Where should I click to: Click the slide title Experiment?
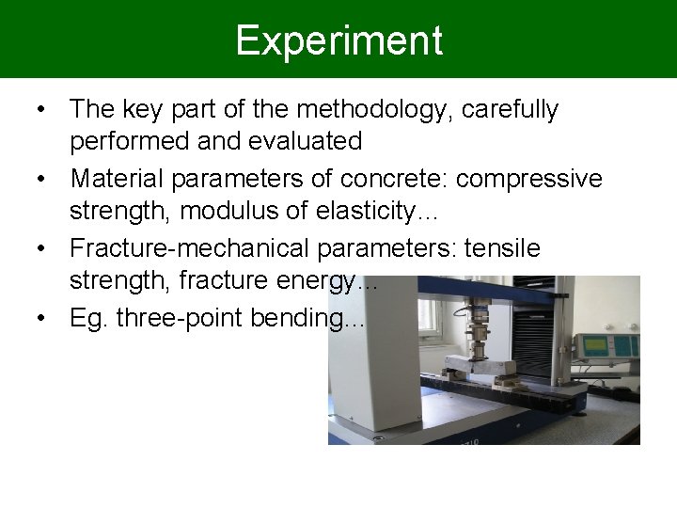coord(338,40)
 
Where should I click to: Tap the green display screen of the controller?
coord(601,344)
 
